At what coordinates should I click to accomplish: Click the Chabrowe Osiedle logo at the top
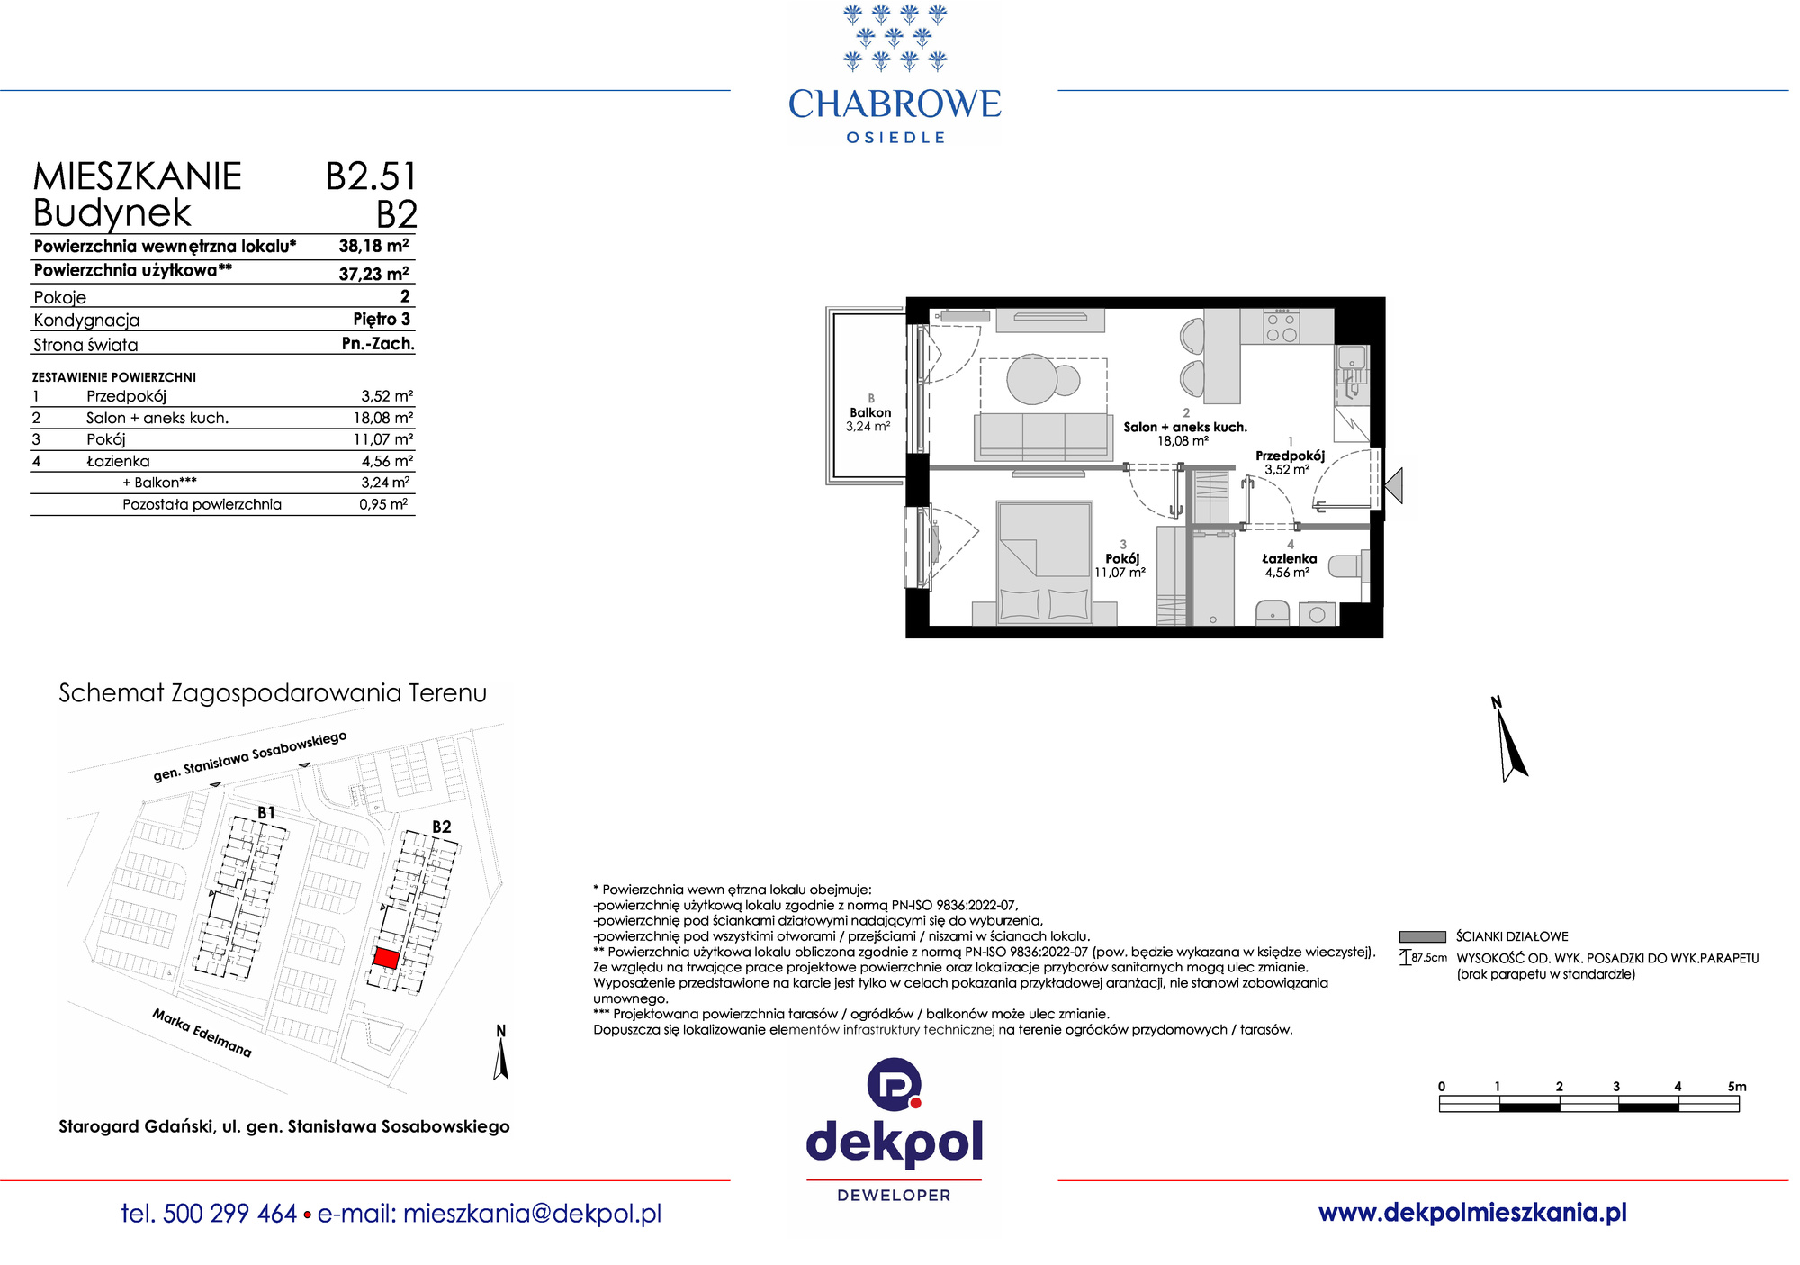894,74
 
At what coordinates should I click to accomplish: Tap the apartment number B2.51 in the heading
371,176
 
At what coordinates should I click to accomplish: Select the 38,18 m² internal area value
373,246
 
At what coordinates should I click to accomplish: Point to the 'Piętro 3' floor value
382,319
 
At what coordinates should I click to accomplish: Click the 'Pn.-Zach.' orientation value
378,343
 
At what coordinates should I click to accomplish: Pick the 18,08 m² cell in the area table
382,418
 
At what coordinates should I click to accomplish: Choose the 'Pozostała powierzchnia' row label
202,504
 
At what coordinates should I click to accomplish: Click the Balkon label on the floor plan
870,412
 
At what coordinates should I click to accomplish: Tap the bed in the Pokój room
1044,563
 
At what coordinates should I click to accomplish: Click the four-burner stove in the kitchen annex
1282,326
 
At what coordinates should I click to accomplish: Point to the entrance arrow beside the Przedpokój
1393,486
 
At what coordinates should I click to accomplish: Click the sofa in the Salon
1043,437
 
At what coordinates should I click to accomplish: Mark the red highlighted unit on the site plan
385,958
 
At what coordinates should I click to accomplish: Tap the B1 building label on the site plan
266,812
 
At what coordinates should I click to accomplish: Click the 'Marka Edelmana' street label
202,1033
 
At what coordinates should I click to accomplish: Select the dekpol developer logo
894,1130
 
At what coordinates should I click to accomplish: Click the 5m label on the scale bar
1737,1087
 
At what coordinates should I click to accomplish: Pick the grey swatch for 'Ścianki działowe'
1422,936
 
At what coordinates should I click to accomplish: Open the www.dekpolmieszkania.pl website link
1472,1213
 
